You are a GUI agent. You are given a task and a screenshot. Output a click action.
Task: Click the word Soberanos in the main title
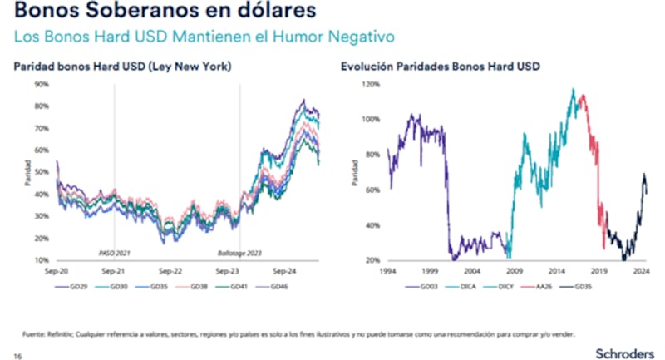(x=132, y=12)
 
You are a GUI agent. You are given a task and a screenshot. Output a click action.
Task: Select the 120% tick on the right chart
(x=371, y=85)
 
